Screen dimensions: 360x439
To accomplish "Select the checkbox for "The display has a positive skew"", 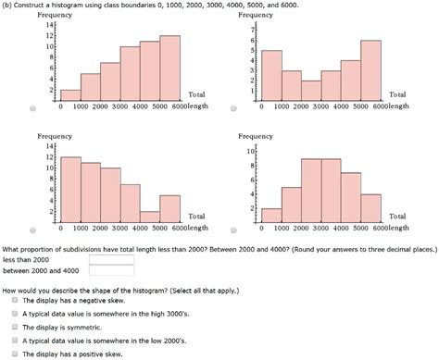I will click(x=15, y=353).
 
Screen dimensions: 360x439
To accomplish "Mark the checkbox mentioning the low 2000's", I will click(x=15, y=340).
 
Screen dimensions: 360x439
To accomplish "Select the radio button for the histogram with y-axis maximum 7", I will click(x=234, y=108).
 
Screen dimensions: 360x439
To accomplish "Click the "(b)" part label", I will click(x=9, y=6).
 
